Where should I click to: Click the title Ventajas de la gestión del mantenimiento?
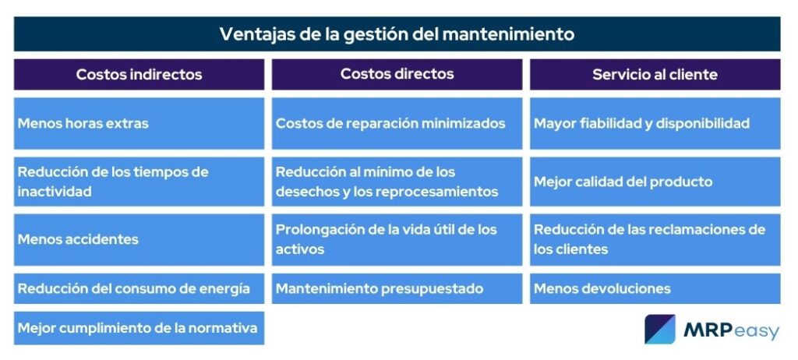coord(397,34)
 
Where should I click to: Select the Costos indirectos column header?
coord(139,74)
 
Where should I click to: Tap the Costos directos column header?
coord(397,74)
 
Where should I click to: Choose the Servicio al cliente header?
coord(655,74)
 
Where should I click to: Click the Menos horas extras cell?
coord(139,123)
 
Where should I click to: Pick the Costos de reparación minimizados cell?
coord(397,123)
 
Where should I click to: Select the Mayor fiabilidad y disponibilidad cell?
coord(655,123)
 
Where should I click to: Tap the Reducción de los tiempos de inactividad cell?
coord(139,182)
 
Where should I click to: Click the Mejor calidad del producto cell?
coord(655,182)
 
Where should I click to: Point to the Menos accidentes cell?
coord(139,239)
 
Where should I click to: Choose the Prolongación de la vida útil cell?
coord(397,239)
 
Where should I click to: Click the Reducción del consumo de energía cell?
coord(139,289)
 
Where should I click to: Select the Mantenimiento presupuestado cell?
coord(397,289)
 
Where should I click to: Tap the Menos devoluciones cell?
coord(655,289)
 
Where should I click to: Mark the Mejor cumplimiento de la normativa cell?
coord(139,328)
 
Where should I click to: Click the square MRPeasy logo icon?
coord(660,329)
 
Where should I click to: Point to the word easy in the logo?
coord(756,332)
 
